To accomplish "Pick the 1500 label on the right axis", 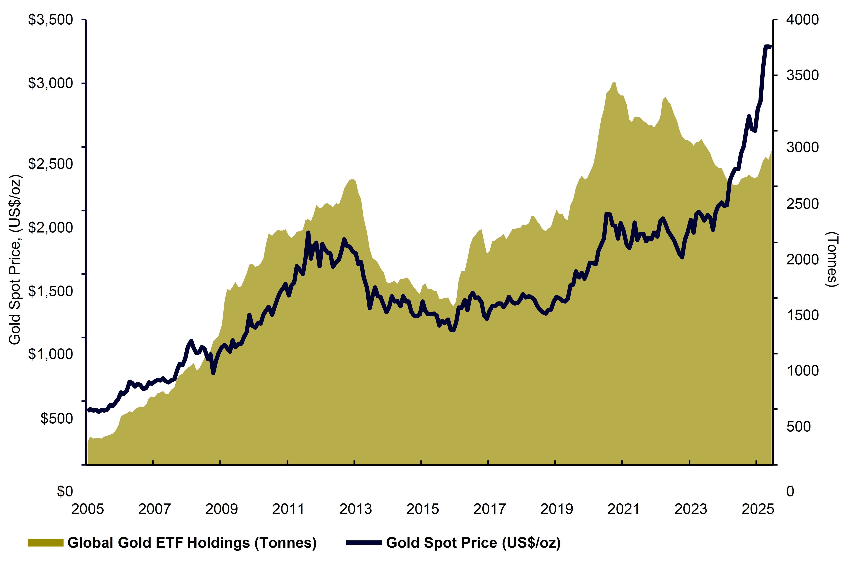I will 802,315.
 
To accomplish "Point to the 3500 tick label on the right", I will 802,76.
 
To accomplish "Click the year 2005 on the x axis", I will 87,509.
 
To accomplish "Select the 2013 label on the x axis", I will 355,509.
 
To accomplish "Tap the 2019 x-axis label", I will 556,509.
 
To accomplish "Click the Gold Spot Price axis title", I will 15,260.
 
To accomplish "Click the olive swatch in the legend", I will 46,543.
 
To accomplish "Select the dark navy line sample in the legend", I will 364,543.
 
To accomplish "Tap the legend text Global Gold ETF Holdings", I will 192,543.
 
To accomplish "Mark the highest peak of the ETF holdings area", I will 615,82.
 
